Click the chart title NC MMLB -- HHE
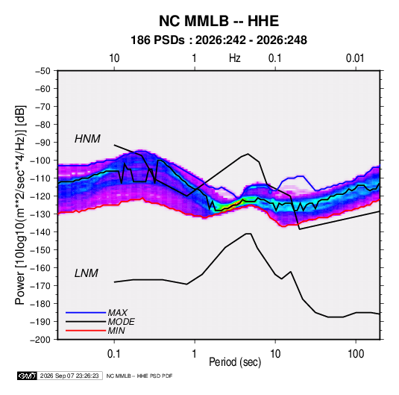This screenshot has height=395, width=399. [219, 21]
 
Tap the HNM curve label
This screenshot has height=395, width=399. [87, 139]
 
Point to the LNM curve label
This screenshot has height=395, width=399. [87, 273]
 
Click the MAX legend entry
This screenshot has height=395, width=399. [117, 313]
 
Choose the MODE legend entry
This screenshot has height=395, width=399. [121, 322]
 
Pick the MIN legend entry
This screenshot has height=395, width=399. [116, 331]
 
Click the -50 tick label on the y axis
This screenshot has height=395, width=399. [43, 71]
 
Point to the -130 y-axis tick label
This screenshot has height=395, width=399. [41, 214]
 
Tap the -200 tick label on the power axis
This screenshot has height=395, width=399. [41, 340]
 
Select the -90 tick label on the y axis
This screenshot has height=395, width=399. [43, 143]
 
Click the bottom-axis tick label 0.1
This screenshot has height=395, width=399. [114, 354]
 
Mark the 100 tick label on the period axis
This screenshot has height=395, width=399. [356, 354]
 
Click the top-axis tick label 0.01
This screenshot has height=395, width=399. [355, 58]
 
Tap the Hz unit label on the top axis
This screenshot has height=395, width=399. [235, 58]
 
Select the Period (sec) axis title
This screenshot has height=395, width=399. [235, 362]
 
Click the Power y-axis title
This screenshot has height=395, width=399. [20, 205]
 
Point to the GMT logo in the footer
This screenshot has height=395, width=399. [27, 376]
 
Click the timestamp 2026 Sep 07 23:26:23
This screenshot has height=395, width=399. [69, 376]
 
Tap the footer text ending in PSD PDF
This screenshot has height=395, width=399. [139, 376]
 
